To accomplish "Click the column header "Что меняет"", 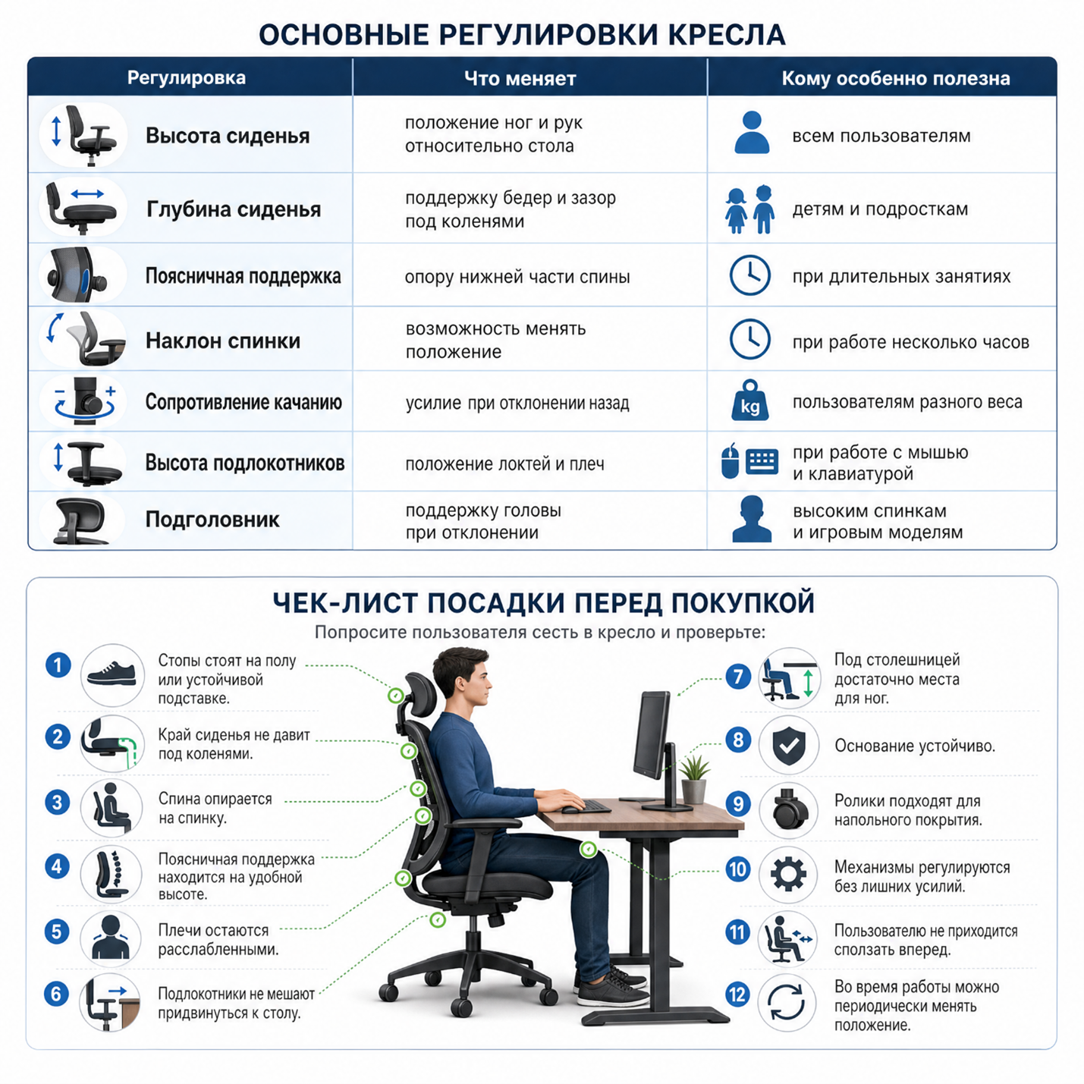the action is tap(520, 78).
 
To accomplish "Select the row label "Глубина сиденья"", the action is tap(234, 209).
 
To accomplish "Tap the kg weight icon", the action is tap(750, 401).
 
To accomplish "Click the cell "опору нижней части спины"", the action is tap(517, 277).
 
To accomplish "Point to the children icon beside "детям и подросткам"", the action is tap(750, 209).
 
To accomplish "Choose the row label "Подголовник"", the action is tap(212, 519).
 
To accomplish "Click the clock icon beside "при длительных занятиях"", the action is tap(750, 275).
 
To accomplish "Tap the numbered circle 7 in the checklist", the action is tap(738, 677).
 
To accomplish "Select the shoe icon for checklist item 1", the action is tap(112, 674).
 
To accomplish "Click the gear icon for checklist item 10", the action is tap(788, 874).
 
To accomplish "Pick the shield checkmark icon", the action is tap(789, 746).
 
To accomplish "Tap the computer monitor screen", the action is tap(650, 734).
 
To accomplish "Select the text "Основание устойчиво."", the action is tap(915, 746).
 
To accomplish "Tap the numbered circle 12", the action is tap(737, 994).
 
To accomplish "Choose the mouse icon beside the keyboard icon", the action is tap(730, 460).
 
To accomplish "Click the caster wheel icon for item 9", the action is tap(789, 809).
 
